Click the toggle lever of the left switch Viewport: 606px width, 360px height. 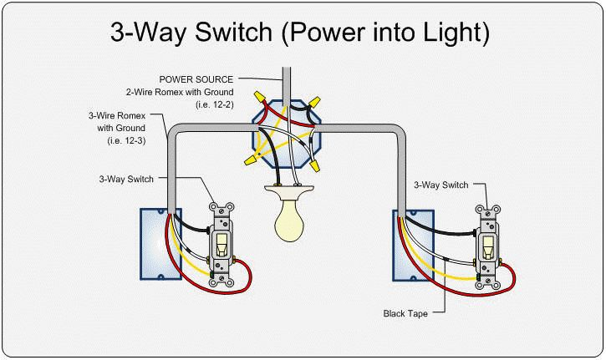(222, 243)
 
